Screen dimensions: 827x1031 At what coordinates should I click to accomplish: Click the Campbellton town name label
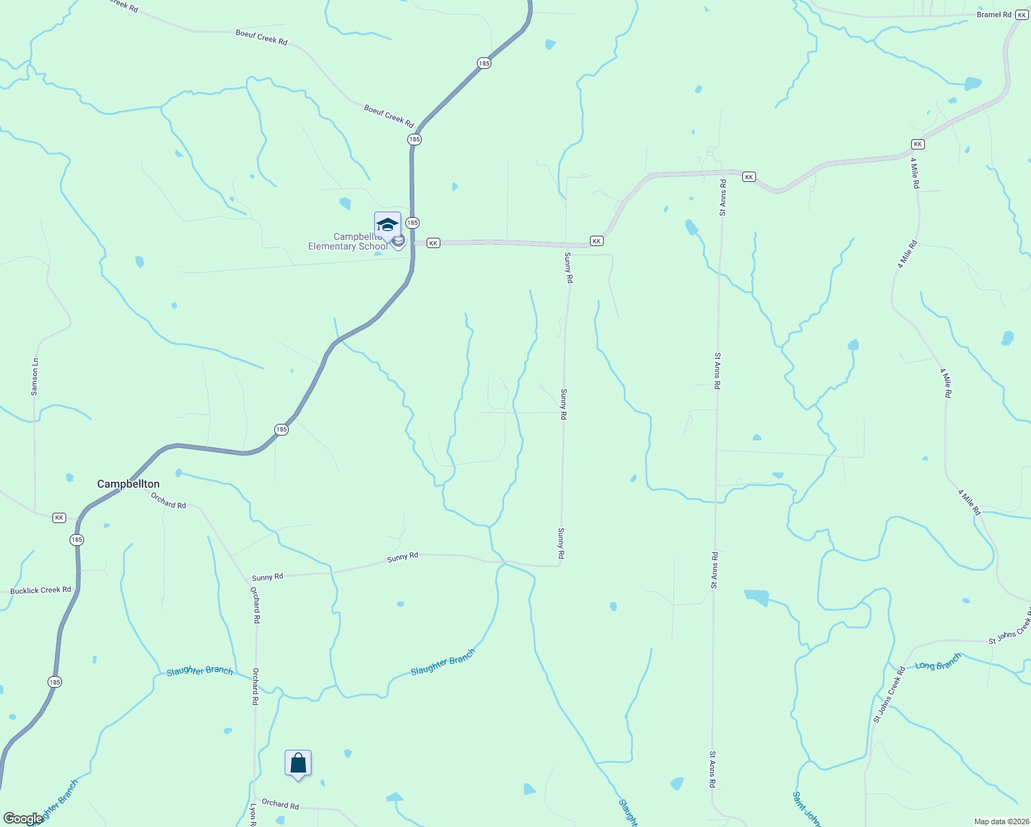[128, 484]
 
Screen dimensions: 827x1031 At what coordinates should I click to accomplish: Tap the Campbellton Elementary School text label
[348, 242]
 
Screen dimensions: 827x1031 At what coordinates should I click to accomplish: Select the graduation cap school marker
[387, 225]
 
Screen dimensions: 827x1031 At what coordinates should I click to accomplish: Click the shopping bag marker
[298, 764]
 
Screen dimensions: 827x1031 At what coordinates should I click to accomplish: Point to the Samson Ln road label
[34, 377]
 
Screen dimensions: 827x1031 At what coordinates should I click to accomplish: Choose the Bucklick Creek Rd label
[41, 591]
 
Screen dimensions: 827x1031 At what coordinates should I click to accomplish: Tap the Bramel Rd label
[994, 14]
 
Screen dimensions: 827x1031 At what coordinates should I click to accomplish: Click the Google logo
[22, 819]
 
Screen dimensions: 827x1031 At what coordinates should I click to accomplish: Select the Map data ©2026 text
[1000, 821]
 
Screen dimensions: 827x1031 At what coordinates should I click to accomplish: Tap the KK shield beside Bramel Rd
[1021, 14]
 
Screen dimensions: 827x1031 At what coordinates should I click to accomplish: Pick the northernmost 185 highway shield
[484, 63]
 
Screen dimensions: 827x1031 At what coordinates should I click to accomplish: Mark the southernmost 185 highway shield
[55, 682]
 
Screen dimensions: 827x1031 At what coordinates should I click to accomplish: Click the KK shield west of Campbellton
[59, 518]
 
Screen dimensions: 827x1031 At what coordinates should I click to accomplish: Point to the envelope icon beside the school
[398, 242]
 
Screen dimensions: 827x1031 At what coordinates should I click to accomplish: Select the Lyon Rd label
[253, 815]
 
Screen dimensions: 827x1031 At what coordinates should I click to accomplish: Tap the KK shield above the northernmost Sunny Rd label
[597, 241]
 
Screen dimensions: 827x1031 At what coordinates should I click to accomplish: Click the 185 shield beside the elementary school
[412, 223]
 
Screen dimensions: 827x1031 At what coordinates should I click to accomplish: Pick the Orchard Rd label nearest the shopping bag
[280, 804]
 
